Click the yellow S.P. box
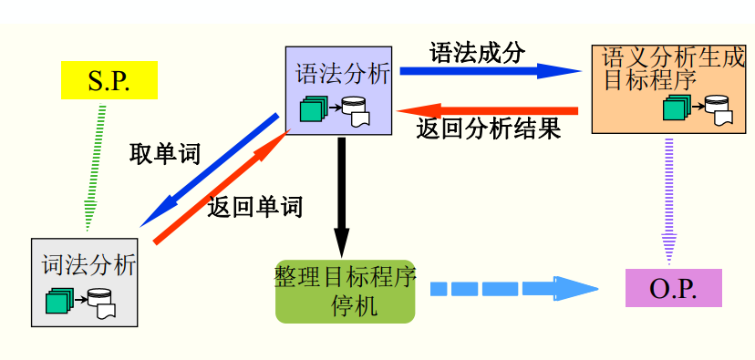click(109, 79)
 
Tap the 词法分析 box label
click(88, 265)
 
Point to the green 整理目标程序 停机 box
click(345, 290)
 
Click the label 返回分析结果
click(488, 129)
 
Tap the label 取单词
click(165, 153)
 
